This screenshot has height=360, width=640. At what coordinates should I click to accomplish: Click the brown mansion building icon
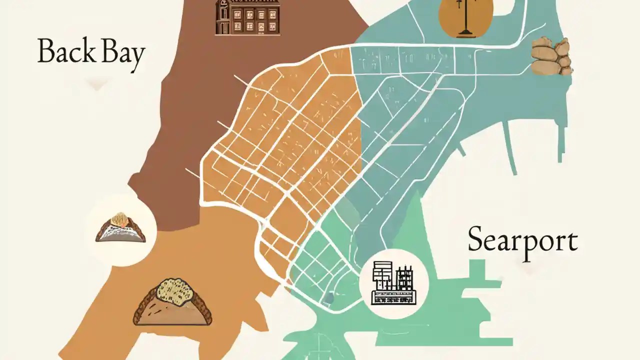[247, 17]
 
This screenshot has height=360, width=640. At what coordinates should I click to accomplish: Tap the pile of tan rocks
[551, 56]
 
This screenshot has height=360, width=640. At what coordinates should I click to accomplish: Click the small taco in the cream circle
[120, 228]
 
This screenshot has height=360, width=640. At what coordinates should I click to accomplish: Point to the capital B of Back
[46, 51]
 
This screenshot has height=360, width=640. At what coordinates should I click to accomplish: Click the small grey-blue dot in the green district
[328, 298]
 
